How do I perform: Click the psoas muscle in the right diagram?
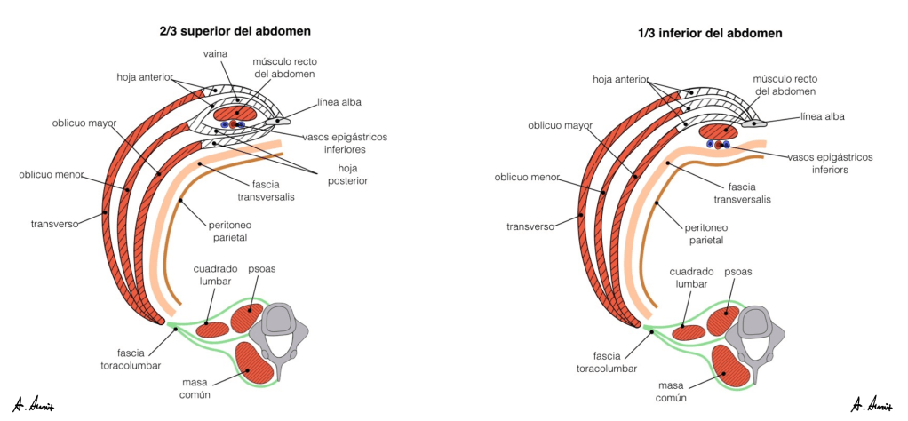[x=722, y=321]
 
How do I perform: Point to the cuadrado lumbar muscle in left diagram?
[x=211, y=329]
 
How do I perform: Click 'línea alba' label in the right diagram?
[x=823, y=116]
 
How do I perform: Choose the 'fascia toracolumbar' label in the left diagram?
[x=123, y=356]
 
